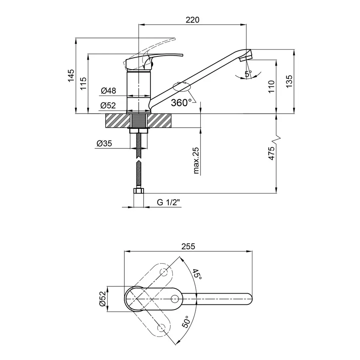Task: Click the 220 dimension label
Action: (192, 20)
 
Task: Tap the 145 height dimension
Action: (71, 76)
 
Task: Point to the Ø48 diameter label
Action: (108, 91)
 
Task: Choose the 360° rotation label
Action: (180, 103)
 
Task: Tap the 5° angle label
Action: (248, 74)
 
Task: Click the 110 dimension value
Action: (272, 86)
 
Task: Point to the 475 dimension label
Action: (272, 154)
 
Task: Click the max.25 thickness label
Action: (196, 160)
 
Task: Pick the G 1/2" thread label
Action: (168, 202)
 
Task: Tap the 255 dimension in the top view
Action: (188, 247)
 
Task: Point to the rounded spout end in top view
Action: (249, 298)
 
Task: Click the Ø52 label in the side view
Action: (108, 106)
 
